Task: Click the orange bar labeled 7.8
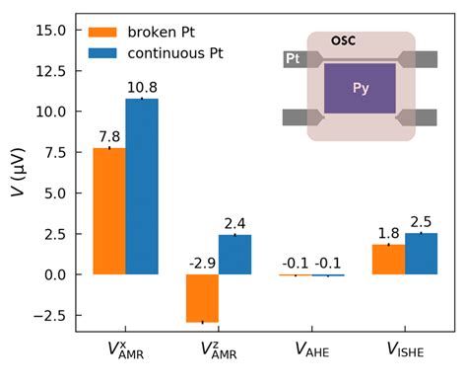pyautogui.click(x=108, y=211)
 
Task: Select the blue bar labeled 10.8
pyautogui.click(x=141, y=187)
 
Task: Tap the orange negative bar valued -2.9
pyautogui.click(x=202, y=298)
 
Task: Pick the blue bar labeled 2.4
pyautogui.click(x=234, y=255)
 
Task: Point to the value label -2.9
pyautogui.click(x=201, y=264)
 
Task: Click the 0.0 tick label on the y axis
pyautogui.click(x=53, y=274)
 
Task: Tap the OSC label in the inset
pyautogui.click(x=344, y=40)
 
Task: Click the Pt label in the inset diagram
pyautogui.click(x=293, y=60)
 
